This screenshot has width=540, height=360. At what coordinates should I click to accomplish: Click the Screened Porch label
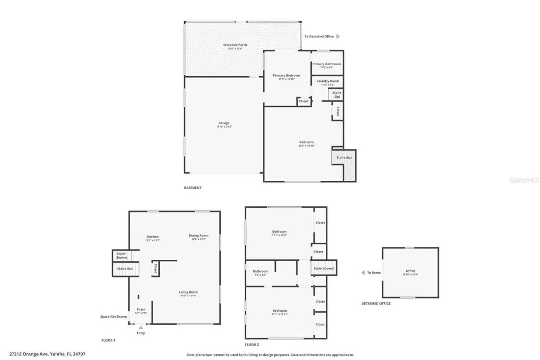point(235,45)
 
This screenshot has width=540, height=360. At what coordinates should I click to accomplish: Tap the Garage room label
point(224,123)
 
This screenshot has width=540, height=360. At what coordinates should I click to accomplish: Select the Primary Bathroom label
point(326,64)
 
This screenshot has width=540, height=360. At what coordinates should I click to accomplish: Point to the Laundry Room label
point(327,81)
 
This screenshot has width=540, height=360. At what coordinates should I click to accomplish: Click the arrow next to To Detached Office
point(338,36)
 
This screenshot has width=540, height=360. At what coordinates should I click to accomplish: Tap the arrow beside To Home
point(363,273)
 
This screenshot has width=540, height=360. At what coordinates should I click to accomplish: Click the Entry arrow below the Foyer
point(141,327)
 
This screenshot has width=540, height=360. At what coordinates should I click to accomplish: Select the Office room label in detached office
point(410,271)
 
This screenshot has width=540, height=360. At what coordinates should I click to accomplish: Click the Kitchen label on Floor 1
point(153,237)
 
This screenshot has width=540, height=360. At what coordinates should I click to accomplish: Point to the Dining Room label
point(198,236)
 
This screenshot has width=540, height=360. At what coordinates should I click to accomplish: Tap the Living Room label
point(188,292)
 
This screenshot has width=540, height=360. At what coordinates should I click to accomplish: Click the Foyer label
point(141,309)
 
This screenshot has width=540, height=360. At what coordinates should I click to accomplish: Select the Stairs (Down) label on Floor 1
point(121,255)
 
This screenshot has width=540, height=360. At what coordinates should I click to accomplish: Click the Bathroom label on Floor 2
point(260,271)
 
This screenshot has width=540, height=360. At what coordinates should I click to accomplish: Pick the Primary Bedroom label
point(286,76)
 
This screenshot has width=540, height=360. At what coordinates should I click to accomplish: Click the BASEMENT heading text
point(192,188)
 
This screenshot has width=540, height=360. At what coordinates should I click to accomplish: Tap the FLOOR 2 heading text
point(252,345)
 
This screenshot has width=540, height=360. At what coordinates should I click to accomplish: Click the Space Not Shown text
point(113,317)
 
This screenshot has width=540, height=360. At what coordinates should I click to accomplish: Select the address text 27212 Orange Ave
point(47,354)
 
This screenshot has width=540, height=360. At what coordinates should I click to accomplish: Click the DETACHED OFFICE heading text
point(376,304)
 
